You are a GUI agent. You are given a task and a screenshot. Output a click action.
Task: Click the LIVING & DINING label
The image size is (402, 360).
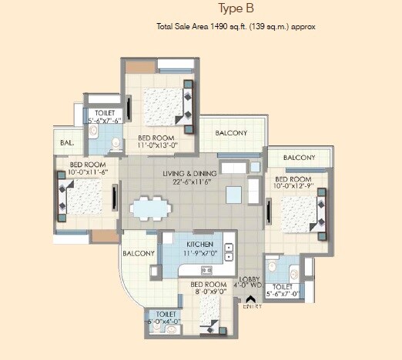point(189,173)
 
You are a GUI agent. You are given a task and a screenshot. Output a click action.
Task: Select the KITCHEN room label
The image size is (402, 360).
point(199,244)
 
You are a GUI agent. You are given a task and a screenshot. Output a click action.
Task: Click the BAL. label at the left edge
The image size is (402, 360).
point(63,142)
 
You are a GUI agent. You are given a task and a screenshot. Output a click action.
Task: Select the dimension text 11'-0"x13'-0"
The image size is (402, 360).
point(158,145)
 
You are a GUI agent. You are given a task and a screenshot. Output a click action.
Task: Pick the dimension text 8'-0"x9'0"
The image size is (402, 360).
point(209,292)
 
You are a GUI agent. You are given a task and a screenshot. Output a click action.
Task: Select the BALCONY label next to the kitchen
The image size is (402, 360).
point(139,252)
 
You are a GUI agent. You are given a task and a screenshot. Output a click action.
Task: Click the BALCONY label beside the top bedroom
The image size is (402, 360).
point(231,133)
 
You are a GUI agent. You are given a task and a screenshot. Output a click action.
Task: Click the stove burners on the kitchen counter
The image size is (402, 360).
point(206,270)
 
